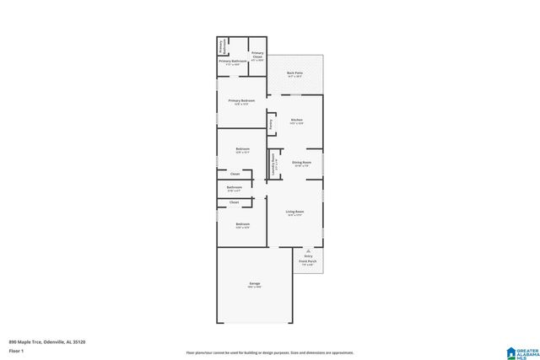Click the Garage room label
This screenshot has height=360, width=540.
point(254,283)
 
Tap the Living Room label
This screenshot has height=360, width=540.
point(294,212)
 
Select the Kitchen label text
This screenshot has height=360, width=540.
point(296,120)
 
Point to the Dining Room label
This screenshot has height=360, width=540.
point(301,162)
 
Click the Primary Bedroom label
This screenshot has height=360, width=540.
point(241,100)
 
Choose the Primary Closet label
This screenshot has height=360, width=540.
point(257,56)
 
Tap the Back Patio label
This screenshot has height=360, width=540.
point(294,74)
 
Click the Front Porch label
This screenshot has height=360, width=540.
point(308,261)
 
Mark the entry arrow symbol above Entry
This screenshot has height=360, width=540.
point(308,250)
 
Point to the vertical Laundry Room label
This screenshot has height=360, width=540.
point(273,164)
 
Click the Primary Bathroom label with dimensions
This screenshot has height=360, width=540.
point(231,62)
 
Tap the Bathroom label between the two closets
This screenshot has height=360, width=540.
point(234,187)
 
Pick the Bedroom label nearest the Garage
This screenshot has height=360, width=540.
point(242,223)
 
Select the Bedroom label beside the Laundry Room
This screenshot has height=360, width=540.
point(242,149)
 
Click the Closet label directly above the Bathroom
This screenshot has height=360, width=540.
point(235,174)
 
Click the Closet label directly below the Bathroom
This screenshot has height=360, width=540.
point(235,202)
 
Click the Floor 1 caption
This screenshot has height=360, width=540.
point(16,350)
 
